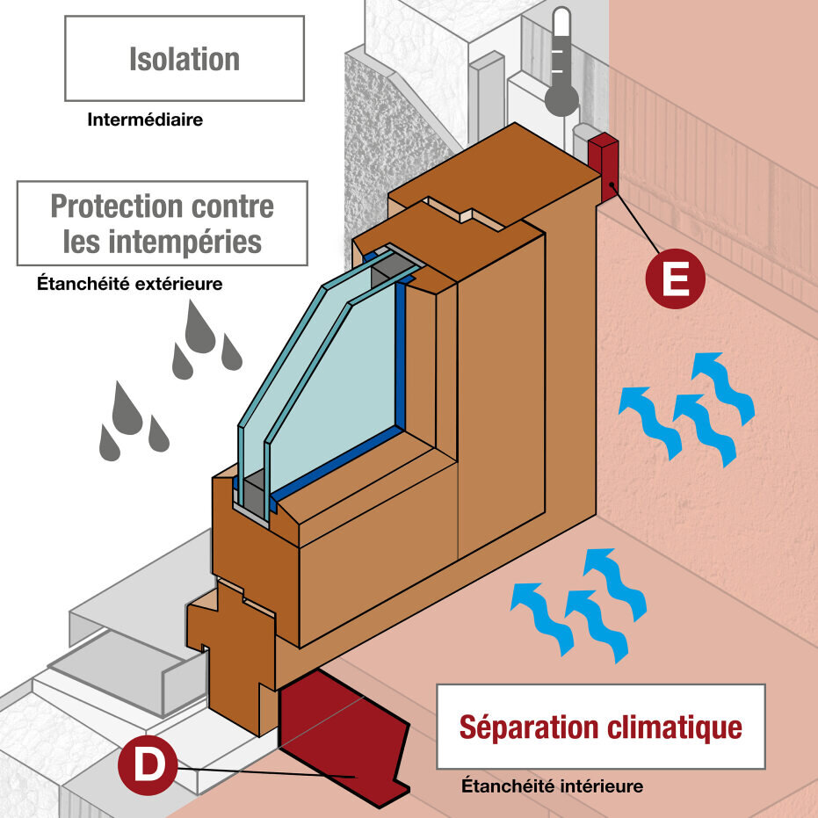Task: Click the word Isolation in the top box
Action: click(x=185, y=59)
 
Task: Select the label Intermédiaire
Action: click(x=145, y=119)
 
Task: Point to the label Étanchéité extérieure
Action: click(x=129, y=284)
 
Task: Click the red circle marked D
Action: click(x=148, y=765)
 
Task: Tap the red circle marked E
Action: click(x=675, y=279)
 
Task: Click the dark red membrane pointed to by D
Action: click(x=343, y=738)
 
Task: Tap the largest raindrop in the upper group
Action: click(x=199, y=330)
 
